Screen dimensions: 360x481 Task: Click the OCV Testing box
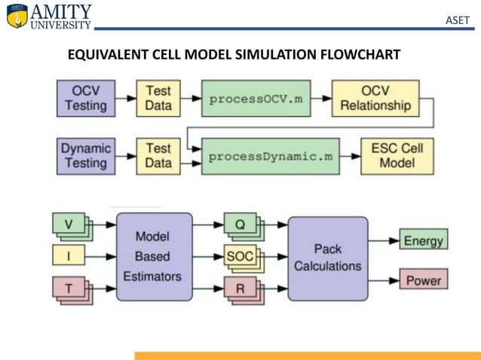click(85, 98)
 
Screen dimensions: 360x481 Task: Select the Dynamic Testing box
click(85, 155)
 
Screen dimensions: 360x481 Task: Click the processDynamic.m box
click(269, 156)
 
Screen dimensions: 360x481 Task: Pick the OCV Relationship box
click(375, 98)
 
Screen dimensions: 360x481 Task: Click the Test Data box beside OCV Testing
click(158, 98)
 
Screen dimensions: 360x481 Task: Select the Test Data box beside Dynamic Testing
click(158, 155)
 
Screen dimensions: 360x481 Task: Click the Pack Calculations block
click(327, 258)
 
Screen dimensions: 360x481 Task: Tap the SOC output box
click(240, 256)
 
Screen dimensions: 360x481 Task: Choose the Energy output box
click(423, 240)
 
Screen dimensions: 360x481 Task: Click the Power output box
click(423, 281)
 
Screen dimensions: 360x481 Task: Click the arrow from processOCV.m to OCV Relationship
click(322, 98)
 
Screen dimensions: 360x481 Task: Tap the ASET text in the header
click(458, 20)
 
